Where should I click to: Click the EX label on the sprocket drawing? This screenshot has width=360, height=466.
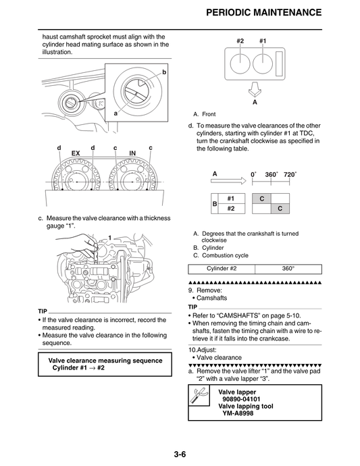(76, 154)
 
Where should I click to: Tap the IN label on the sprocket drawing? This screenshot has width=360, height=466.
(132, 154)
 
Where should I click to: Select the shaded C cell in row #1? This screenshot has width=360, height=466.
(261, 199)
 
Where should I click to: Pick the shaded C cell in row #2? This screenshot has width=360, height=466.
(280, 209)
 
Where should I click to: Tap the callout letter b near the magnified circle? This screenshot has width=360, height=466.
(163, 72)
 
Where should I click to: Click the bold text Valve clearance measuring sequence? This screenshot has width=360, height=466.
(105, 360)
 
